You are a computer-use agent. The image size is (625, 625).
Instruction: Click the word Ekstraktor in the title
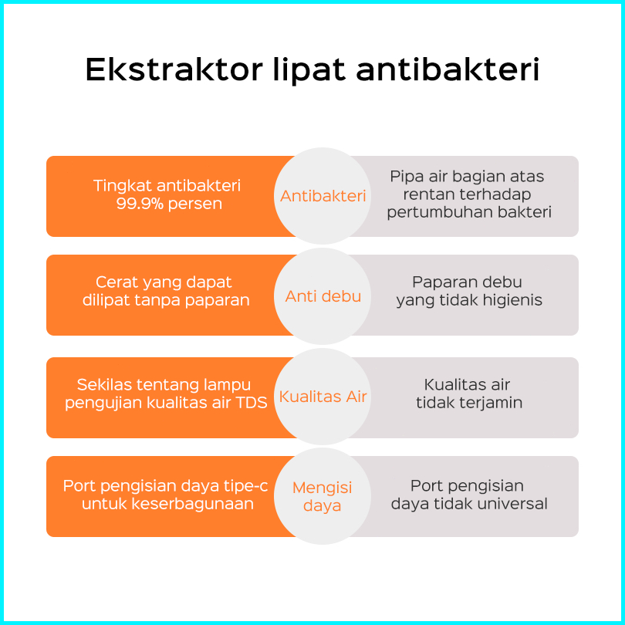pos(174,69)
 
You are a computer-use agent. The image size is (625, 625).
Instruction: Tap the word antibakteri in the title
pos(448,69)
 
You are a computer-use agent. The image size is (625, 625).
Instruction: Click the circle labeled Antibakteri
pos(323,196)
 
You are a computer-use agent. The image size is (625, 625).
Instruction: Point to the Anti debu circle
pos(323,296)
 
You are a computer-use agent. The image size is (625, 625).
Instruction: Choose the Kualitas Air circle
pos(323,397)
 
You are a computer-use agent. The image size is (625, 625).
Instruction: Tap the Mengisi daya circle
pos(323,496)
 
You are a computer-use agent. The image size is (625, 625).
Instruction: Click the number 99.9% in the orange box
pos(140,204)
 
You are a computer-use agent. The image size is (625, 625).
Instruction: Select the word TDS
pos(252,403)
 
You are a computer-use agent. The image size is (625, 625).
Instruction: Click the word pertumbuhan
pos(440,212)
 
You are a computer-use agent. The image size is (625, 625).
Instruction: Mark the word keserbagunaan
pos(193,504)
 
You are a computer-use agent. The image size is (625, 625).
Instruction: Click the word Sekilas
pos(104,385)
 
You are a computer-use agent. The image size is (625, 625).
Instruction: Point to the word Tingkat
pos(123,186)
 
